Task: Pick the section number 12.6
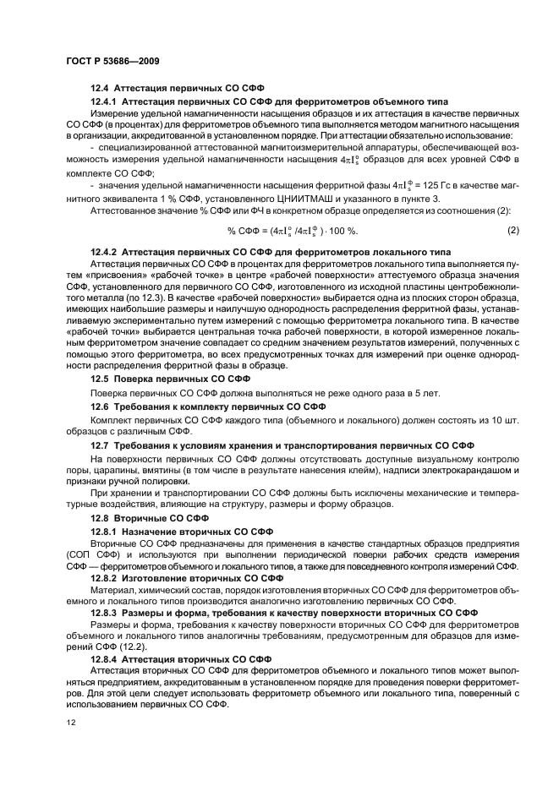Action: pyautogui.click(x=101, y=406)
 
